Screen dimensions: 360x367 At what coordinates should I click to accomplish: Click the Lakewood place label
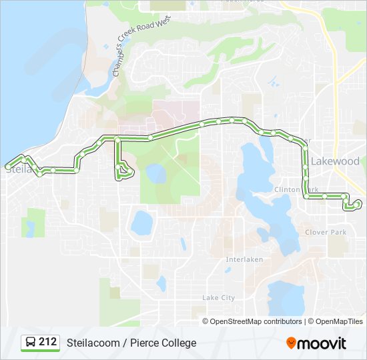(335, 161)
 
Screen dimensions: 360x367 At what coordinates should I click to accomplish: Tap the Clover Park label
(326, 232)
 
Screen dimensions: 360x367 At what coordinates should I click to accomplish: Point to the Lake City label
(218, 297)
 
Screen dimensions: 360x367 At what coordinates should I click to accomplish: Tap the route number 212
(47, 342)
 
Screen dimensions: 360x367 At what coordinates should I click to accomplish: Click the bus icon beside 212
(31, 343)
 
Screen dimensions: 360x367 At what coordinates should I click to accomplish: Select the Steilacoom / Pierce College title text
(131, 343)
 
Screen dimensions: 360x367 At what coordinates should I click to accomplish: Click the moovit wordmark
(322, 343)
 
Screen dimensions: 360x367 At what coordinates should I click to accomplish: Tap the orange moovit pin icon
(291, 343)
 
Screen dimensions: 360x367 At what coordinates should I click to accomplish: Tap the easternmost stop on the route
(358, 202)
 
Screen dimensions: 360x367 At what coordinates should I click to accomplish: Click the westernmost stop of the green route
(8, 165)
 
